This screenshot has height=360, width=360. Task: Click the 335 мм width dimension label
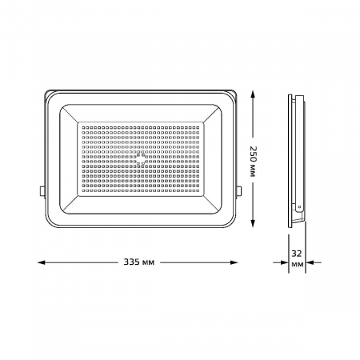pyautogui.click(x=142, y=261)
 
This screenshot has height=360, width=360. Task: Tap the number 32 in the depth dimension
pyautogui.click(x=298, y=252)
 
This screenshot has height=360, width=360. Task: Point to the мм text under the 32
pyautogui.click(x=298, y=264)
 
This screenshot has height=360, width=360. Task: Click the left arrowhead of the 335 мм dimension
pyautogui.click(x=42, y=261)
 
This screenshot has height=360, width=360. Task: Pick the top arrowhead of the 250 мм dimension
pyautogui.click(x=254, y=93)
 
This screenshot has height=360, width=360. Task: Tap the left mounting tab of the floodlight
pyautogui.click(x=42, y=190)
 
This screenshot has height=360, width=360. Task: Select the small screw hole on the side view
pyautogui.click(x=298, y=206)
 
